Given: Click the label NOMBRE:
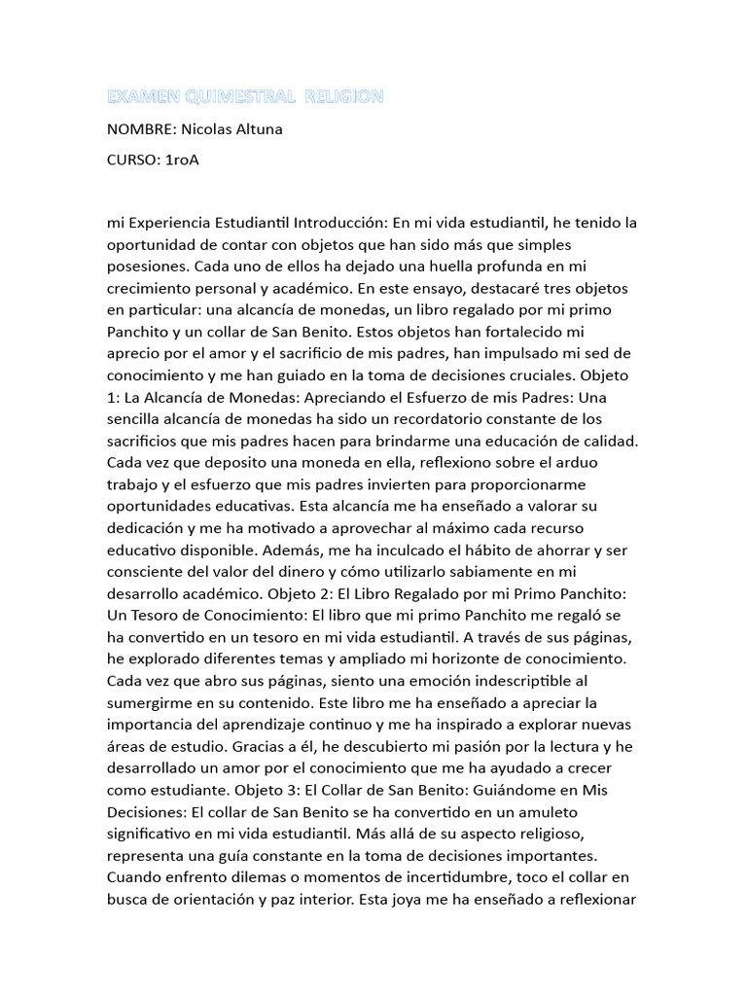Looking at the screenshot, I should pos(142,129).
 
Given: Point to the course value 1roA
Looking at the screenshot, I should pos(180,160).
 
